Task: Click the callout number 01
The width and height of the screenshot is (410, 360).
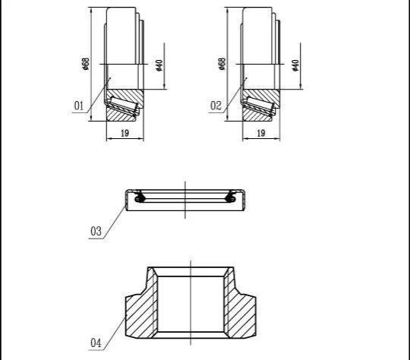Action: pos(79,106)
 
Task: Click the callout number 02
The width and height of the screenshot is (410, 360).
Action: pos(216,106)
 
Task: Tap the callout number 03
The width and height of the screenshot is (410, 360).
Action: pos(96,232)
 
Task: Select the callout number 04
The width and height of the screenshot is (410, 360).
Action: pos(96,343)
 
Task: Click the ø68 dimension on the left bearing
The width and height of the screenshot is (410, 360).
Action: pos(86,64)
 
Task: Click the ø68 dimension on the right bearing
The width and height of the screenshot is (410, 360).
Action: pos(222,64)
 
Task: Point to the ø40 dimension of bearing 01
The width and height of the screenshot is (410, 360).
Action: pos(159,65)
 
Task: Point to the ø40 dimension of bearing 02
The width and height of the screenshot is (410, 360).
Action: pos(295,65)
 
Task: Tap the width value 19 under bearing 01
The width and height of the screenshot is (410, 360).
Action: pos(125,133)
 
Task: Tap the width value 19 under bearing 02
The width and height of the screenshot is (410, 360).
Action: pos(261,133)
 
